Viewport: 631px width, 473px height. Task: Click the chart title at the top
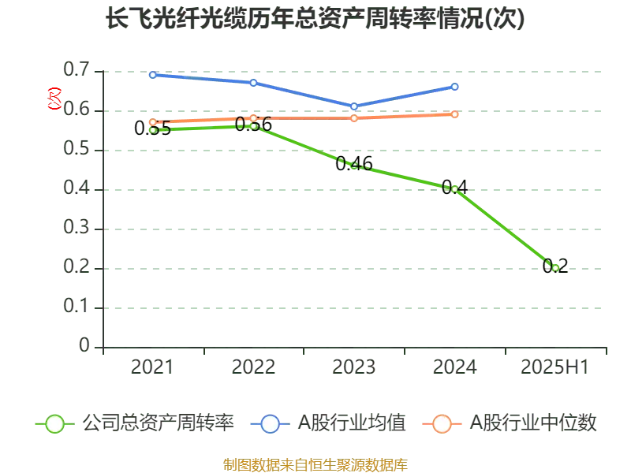pos(315,18)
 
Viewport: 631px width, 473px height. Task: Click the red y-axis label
pos(54,99)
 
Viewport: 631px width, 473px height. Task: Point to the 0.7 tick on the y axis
pos(77,69)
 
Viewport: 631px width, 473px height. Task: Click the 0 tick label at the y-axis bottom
pos(85,343)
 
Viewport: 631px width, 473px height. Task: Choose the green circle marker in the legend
pos(54,424)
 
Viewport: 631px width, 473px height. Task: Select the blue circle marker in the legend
pos(270,424)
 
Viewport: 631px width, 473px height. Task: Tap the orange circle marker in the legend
pos(442,424)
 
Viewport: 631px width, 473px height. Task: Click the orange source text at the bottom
pos(315,464)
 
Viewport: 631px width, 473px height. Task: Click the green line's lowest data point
pos(555,268)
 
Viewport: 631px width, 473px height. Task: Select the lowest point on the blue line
pos(354,106)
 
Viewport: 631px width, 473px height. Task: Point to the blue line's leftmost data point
pos(152,74)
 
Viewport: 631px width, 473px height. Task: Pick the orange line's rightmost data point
pos(455,114)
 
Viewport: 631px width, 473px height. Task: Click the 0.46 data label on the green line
pos(353,163)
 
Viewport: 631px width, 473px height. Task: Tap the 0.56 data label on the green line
pos(253,124)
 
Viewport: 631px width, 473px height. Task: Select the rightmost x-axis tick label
pos(552,367)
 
